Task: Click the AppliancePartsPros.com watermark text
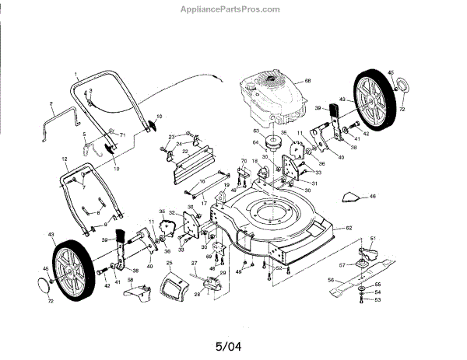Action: (233, 9)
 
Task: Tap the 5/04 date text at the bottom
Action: (233, 339)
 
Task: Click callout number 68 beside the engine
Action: (307, 82)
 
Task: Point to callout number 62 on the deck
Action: (349, 227)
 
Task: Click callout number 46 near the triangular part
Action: (373, 197)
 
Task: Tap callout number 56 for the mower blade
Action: (330, 279)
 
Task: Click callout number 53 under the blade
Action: (379, 299)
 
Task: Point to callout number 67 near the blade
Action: (342, 265)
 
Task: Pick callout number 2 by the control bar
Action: (51, 103)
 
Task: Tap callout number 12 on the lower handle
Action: (64, 159)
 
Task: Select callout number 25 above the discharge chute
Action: (168, 264)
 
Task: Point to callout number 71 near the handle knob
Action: (122, 135)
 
